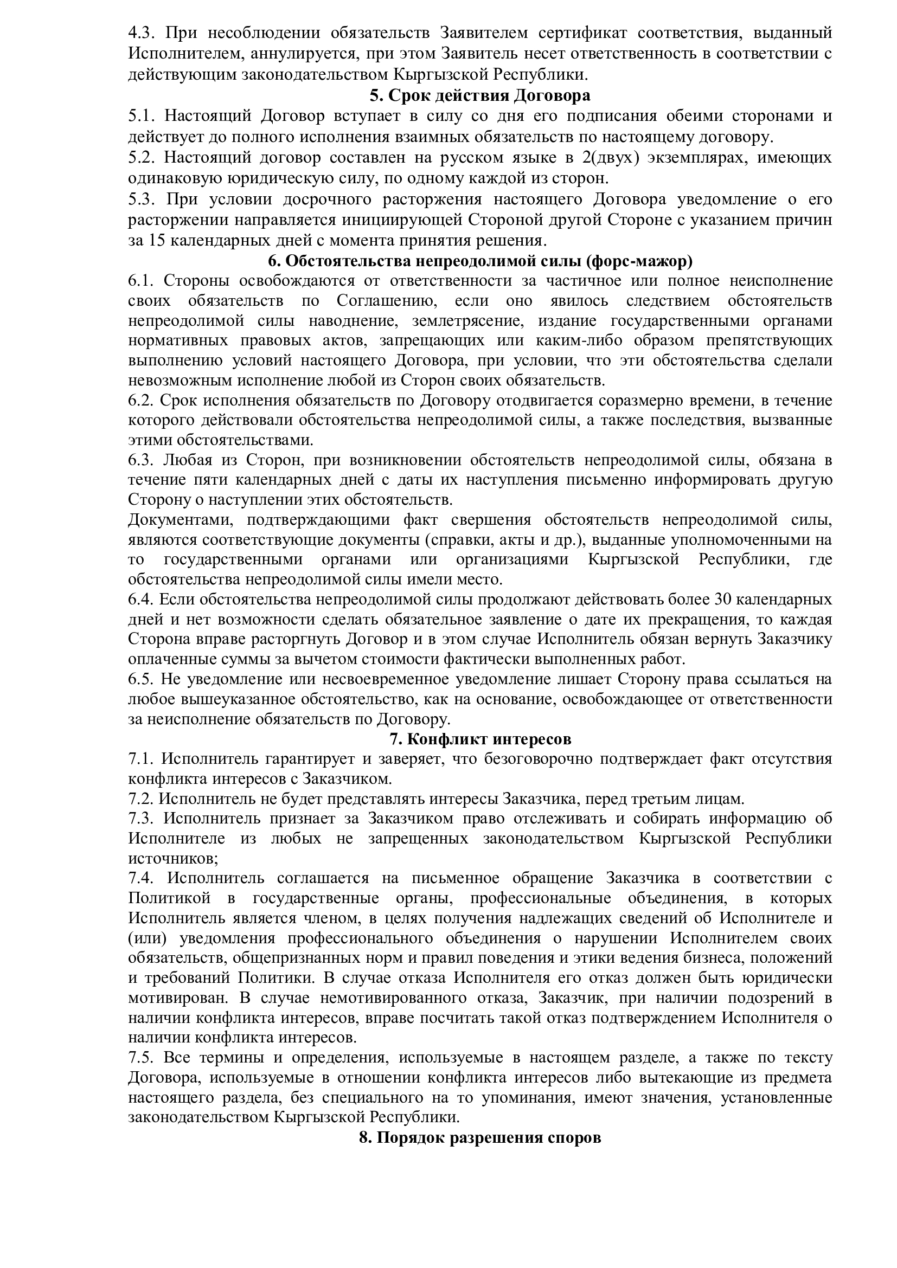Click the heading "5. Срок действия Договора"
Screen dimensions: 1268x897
(479, 95)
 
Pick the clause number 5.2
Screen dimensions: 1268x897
(140, 158)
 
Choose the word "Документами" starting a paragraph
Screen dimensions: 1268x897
(179, 520)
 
